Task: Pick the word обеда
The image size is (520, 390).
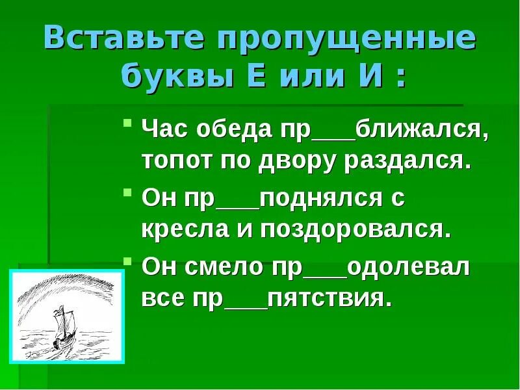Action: [x=235, y=132]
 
